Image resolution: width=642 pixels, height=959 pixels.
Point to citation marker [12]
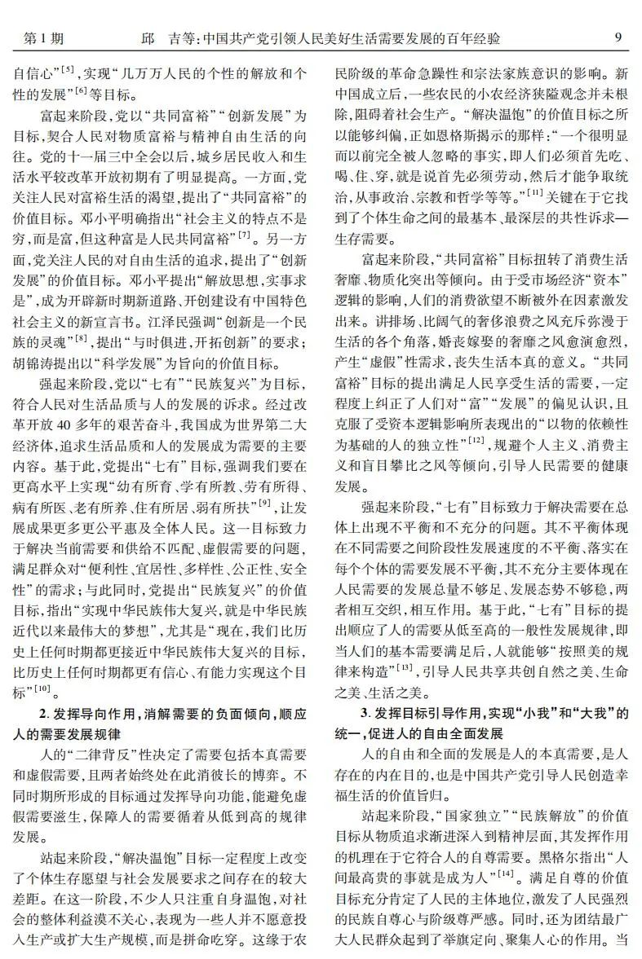click(x=475, y=439)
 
